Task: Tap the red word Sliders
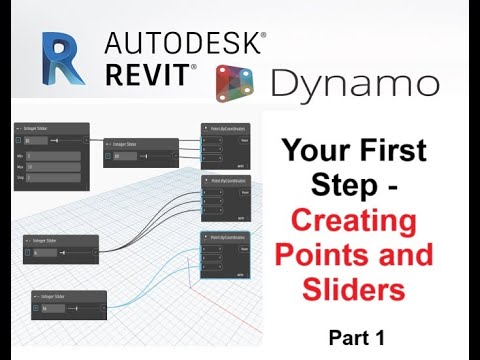tap(355, 289)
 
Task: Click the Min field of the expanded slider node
tap(55, 158)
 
